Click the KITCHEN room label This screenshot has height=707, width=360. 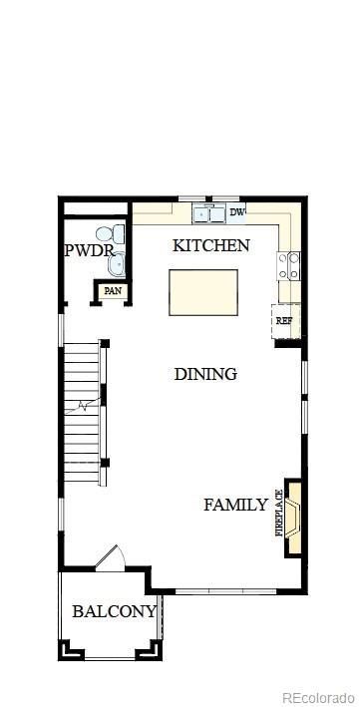click(210, 245)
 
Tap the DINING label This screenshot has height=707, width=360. click(205, 374)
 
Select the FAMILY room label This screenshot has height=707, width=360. click(236, 505)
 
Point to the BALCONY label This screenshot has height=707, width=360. click(114, 611)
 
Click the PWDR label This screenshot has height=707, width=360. click(89, 250)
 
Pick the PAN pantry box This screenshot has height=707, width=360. click(113, 291)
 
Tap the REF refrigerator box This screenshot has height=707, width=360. click(285, 321)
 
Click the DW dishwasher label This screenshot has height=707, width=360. click(237, 212)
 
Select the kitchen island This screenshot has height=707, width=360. click(203, 292)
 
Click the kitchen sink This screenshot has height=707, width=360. click(208, 213)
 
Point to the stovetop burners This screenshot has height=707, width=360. click(289, 265)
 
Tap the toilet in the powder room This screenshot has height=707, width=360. click(110, 234)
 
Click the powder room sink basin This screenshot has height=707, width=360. click(117, 264)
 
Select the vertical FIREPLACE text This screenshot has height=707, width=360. click(279, 513)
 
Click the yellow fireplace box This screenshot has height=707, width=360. click(294, 517)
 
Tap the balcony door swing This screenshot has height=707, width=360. click(111, 558)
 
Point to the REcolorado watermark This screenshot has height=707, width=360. click(319, 697)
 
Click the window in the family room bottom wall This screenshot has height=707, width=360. click(225, 590)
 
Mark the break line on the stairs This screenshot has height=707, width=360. click(83, 406)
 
